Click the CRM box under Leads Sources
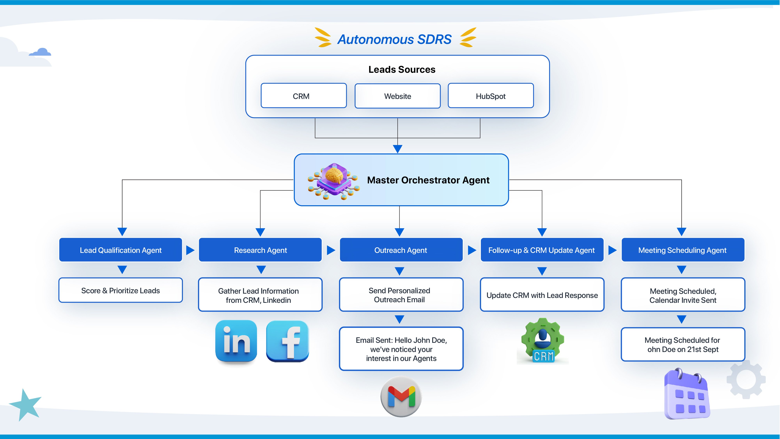303,96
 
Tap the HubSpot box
491,96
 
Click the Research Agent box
260,250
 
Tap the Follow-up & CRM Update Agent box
542,250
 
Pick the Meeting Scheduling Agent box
682,250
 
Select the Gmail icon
401,396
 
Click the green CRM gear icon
543,341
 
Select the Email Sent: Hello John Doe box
401,349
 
